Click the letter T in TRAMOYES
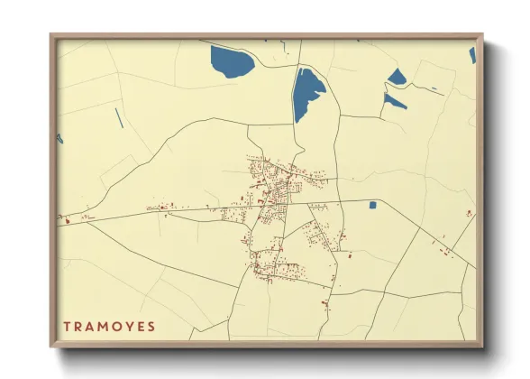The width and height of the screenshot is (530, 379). [68, 326]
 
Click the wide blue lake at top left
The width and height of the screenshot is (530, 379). [232, 61]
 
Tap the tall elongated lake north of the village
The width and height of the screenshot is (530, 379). [308, 93]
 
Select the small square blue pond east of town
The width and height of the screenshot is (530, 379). [372, 205]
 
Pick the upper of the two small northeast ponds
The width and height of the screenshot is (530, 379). [397, 78]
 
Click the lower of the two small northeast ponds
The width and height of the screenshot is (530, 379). [393, 101]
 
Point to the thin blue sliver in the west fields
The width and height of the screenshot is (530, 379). [118, 117]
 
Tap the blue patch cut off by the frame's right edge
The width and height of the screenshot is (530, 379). [471, 55]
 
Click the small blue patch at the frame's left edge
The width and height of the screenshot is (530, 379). [60, 138]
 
